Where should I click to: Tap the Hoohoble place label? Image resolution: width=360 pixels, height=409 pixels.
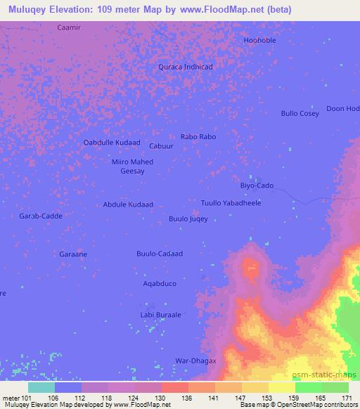point(259,40)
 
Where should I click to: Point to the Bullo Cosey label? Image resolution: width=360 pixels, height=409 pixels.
point(300,113)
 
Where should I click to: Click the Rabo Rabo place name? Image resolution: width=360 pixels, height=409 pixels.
point(198,136)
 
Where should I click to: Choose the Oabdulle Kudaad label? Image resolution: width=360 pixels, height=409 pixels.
point(112,142)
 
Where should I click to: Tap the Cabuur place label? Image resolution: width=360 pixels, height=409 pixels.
point(162,145)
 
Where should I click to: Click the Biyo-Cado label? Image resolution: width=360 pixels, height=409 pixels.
point(257,186)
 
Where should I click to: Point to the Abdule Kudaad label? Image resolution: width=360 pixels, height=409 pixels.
point(128,204)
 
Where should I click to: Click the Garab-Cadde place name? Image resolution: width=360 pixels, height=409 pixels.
point(41,216)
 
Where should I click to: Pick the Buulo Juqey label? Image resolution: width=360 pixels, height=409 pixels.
point(188,219)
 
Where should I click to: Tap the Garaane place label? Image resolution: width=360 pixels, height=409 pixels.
point(72,254)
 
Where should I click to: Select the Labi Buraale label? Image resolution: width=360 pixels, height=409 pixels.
point(161,315)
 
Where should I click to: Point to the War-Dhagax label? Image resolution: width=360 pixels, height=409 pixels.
point(195,361)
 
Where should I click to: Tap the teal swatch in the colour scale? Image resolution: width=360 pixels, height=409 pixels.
point(41,387)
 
